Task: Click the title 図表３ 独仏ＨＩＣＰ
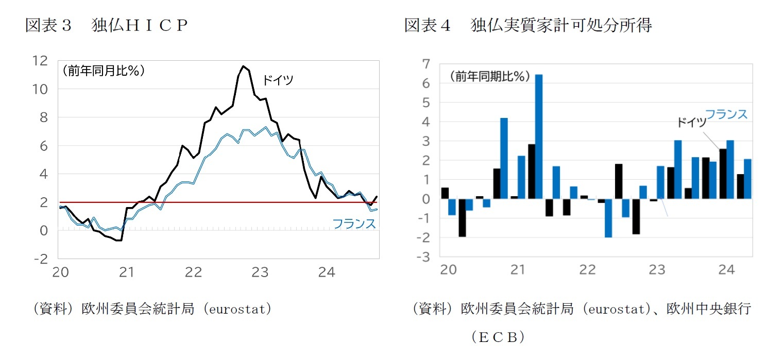pyautogui.click(x=106, y=25)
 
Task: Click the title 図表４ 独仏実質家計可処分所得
pyautogui.click(x=527, y=25)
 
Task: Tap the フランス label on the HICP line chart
pyautogui.click(x=354, y=224)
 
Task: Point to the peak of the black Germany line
pyautogui.click(x=243, y=66)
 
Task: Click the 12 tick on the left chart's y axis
pyautogui.click(x=40, y=61)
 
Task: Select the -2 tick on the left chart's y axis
pyautogui.click(x=40, y=259)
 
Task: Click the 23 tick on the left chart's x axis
pyautogui.click(x=260, y=272)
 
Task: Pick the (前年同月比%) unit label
pyautogui.click(x=103, y=71)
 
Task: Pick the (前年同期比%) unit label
pyautogui.click(x=489, y=76)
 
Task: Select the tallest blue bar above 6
pyautogui.click(x=539, y=136)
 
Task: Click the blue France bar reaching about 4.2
pyautogui.click(x=504, y=158)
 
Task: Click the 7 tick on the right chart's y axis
pyautogui.click(x=425, y=64)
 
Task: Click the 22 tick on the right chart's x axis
pyautogui.click(x=587, y=269)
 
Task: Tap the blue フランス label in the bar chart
pyautogui.click(x=725, y=114)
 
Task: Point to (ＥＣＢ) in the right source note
pyautogui.click(x=498, y=337)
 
